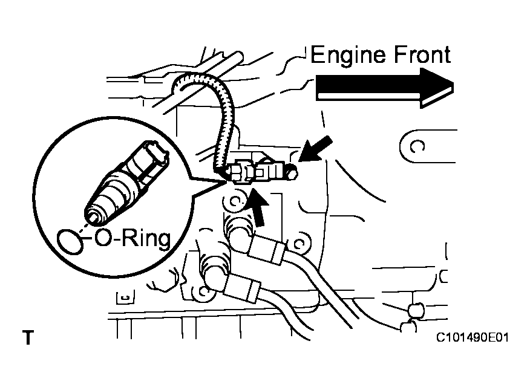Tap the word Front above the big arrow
coord(420,55)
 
